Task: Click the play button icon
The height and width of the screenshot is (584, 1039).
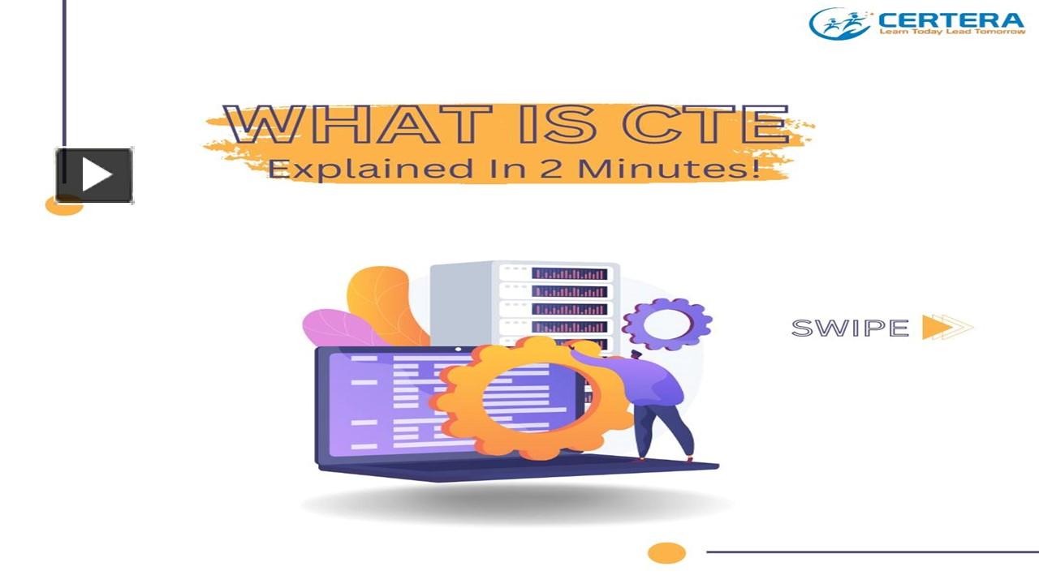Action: pyautogui.click(x=94, y=175)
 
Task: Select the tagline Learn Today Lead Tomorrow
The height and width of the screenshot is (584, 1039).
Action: pyautogui.click(x=952, y=32)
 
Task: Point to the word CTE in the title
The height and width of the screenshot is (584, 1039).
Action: pyautogui.click(x=705, y=124)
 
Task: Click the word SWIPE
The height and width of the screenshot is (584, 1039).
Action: pyautogui.click(x=850, y=328)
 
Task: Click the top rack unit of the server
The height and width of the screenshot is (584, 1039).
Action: pyautogui.click(x=556, y=273)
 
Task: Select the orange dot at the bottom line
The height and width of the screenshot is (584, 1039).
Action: pyautogui.click(x=666, y=553)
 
